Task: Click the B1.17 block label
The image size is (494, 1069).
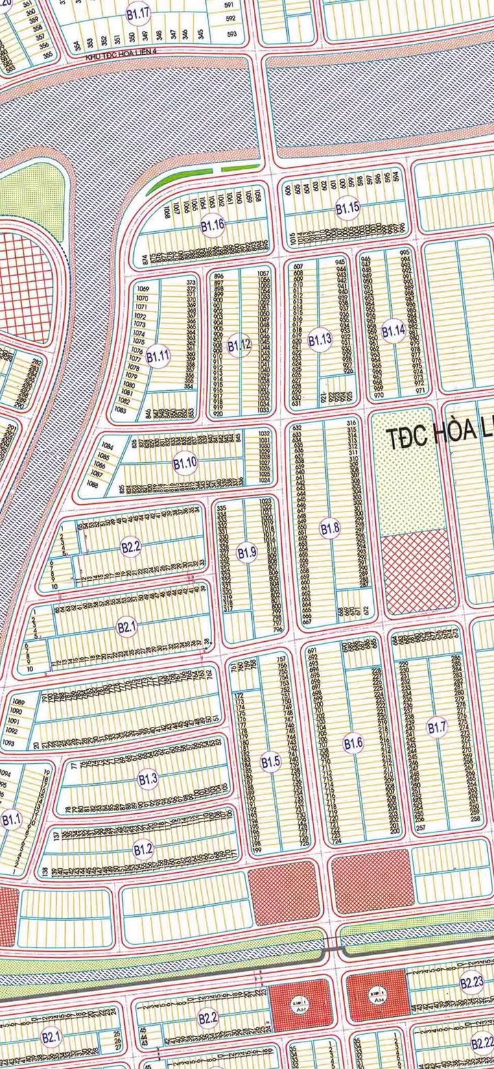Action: pos(137,12)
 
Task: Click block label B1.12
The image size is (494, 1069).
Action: pos(239,345)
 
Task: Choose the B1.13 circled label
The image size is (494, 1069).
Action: pos(320,339)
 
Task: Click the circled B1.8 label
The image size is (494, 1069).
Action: pos(330,528)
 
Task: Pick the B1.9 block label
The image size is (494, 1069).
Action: pos(246,552)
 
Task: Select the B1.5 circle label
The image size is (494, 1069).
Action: pos(271,760)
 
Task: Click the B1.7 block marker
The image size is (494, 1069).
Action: pos(437,728)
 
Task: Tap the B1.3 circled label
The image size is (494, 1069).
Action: pos(148,778)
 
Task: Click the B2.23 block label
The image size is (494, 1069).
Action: pos(472,983)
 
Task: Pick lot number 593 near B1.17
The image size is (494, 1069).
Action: pos(231,34)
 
